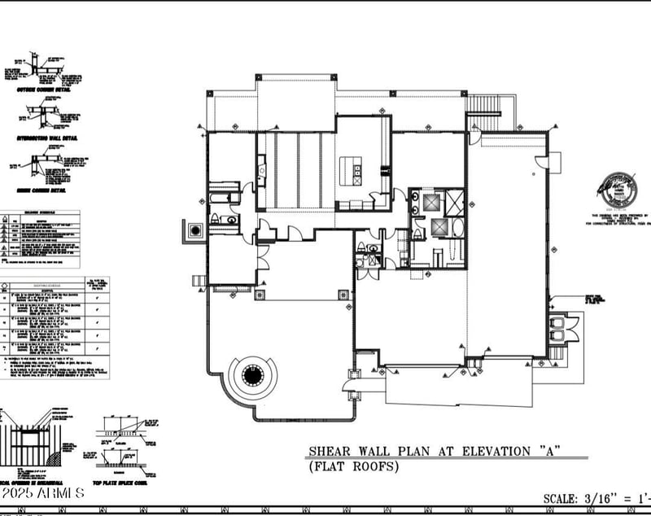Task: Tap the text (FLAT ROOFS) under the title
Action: coord(353,466)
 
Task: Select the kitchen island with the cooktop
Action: coord(356,171)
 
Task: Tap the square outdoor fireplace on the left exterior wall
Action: coord(195,231)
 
